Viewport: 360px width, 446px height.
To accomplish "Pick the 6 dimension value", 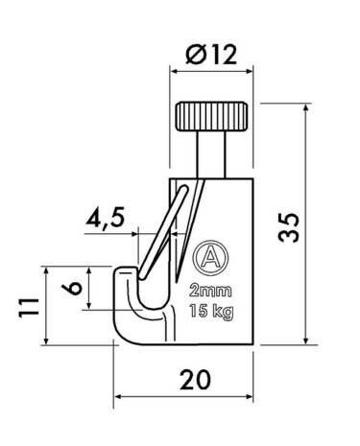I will pyautogui.click(x=67, y=289).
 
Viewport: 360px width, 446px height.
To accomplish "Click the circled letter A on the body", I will pyautogui.click(x=204, y=256).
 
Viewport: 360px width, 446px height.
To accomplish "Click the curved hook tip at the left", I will pyautogui.click(x=124, y=278).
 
